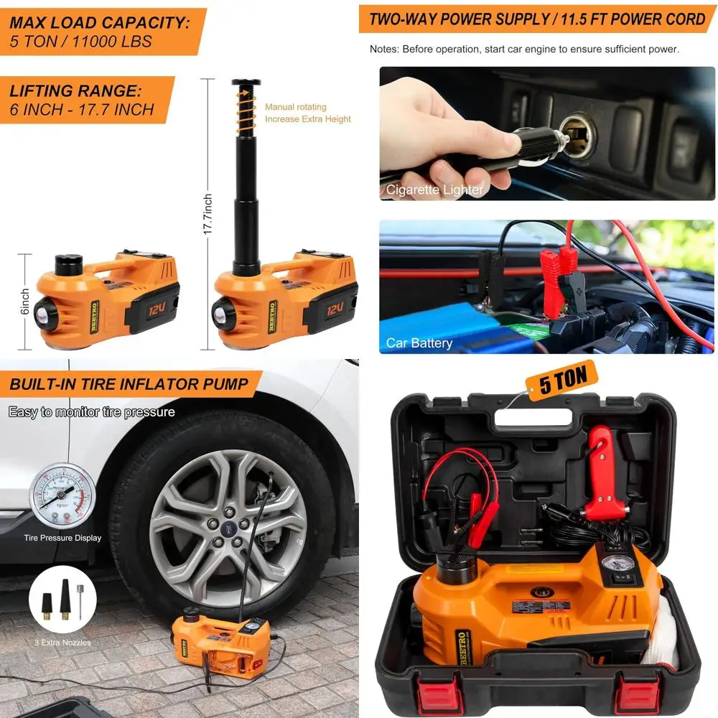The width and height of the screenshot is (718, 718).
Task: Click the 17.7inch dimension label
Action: tap(208, 214)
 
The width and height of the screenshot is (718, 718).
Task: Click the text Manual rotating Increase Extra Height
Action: tap(307, 113)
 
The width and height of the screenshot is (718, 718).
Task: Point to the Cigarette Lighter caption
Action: tap(434, 190)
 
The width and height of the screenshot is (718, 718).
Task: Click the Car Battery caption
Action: tap(419, 342)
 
